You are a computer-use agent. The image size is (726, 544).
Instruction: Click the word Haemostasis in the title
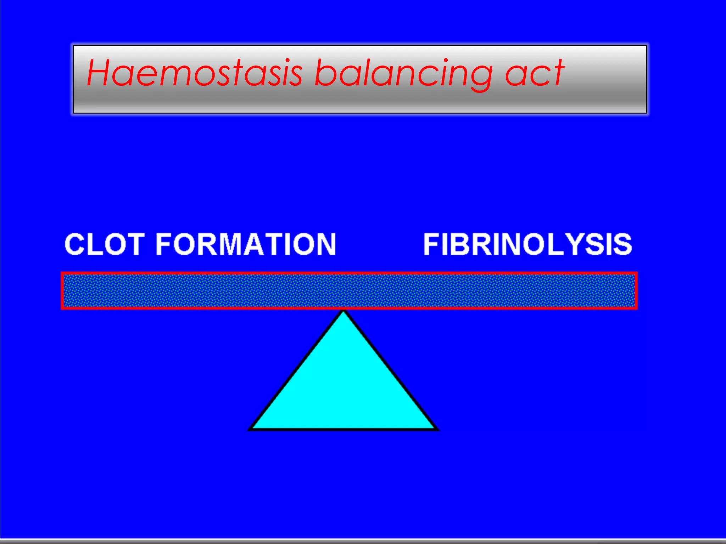click(x=194, y=74)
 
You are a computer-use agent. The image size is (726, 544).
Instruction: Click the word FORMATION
click(x=246, y=244)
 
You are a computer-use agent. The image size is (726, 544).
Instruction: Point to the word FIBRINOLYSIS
click(x=527, y=244)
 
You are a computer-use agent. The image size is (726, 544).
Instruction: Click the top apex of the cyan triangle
click(x=343, y=312)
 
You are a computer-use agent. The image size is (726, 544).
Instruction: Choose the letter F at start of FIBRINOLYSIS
click(x=432, y=244)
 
